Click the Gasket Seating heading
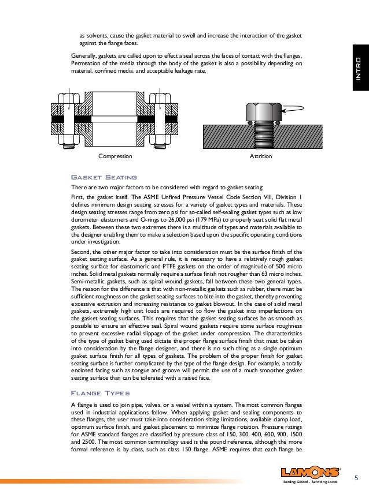tap(103, 177)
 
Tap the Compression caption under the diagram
tap(116, 156)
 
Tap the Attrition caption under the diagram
tap(260, 156)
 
